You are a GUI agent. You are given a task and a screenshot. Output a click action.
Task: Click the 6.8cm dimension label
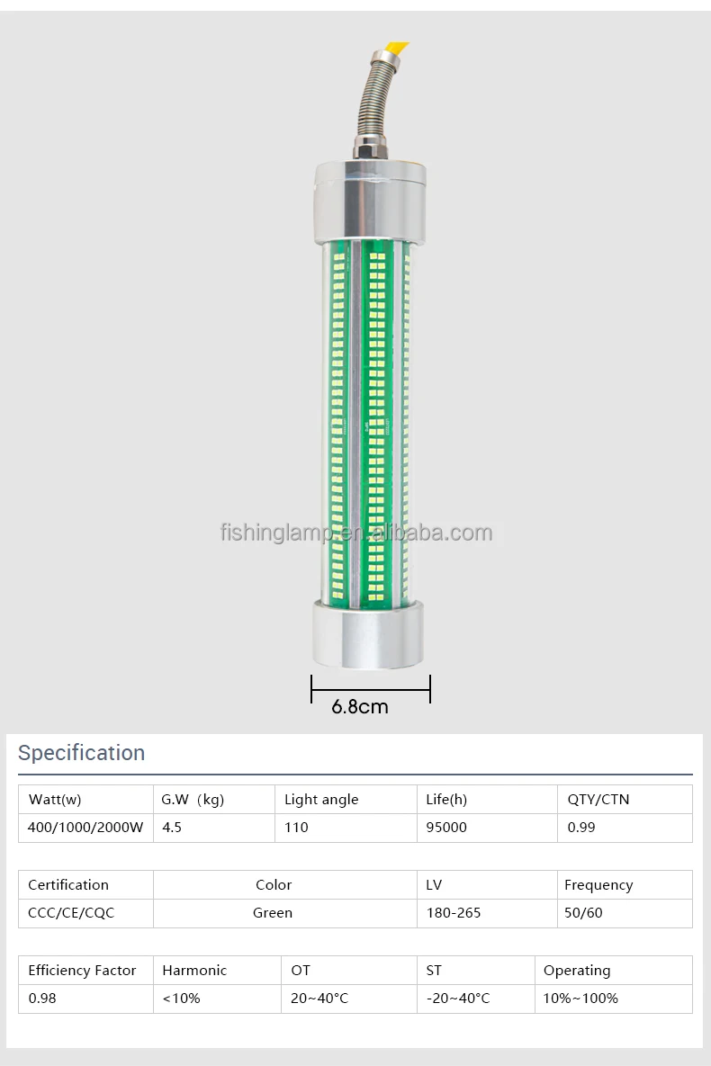coord(360,707)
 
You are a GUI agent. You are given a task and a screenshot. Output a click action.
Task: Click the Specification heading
coord(81,753)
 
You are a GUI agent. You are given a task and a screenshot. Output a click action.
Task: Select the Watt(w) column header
coord(55,800)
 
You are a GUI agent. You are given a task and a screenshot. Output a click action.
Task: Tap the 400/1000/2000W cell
coord(85,828)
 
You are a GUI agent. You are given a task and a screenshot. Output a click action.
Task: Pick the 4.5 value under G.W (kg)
coord(172,828)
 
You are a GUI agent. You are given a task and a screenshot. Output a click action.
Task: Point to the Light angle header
coord(321,800)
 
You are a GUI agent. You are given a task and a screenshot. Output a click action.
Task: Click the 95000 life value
coord(446,828)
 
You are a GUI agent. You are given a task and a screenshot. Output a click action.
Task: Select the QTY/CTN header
coord(598,800)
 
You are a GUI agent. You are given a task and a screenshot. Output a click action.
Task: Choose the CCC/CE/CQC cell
coord(71,913)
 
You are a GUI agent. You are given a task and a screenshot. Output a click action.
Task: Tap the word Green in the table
coord(273,913)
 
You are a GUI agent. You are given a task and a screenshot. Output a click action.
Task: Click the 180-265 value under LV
coord(454,913)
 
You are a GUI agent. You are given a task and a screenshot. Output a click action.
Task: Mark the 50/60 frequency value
coord(583,913)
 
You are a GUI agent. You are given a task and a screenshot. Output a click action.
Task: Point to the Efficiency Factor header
coord(82,971)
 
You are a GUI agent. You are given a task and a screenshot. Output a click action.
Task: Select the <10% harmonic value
coord(181,999)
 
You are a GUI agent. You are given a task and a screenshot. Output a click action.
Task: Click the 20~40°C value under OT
coord(319,999)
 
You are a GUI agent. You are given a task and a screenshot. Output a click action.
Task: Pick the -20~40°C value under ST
coord(458,999)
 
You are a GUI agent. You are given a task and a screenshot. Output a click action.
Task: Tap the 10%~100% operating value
coord(580,999)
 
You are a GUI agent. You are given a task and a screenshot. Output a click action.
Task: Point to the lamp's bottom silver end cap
coord(369,633)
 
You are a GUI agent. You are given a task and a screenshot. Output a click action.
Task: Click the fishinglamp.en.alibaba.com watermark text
coord(356,533)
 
